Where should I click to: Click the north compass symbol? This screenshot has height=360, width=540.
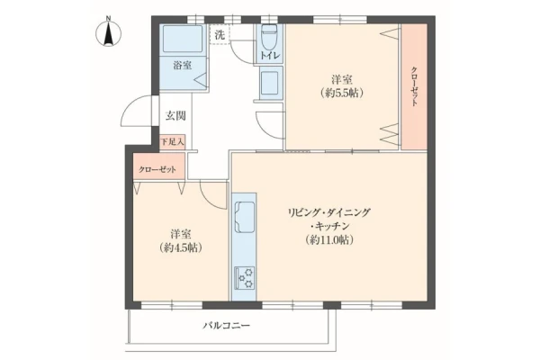pyautogui.click(x=108, y=32)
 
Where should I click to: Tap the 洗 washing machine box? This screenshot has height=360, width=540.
pyautogui.click(x=220, y=34)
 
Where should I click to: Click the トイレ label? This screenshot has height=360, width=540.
pyautogui.click(x=270, y=56)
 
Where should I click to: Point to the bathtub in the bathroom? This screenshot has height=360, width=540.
pyautogui.click(x=183, y=38)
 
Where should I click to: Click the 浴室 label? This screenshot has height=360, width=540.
pyautogui.click(x=183, y=65)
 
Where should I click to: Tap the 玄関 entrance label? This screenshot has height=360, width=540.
pyautogui.click(x=175, y=116)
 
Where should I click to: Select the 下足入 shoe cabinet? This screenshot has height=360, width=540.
pyautogui.click(x=173, y=142)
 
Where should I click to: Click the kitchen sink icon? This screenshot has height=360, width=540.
pyautogui.click(x=245, y=217)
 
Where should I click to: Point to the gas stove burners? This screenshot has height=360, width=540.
pyautogui.click(x=245, y=278)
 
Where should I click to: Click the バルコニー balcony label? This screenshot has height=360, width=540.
pyautogui.click(x=226, y=325)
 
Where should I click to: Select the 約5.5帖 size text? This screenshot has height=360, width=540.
pyautogui.click(x=342, y=93)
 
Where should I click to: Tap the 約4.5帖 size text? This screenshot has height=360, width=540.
pyautogui.click(x=181, y=247)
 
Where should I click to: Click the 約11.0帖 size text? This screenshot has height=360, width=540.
pyautogui.click(x=329, y=239)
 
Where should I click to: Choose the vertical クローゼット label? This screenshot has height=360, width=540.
pyautogui.click(x=414, y=86)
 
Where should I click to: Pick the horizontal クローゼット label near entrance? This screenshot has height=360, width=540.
pyautogui.click(x=157, y=169)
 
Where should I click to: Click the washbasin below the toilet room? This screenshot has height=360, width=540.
pyautogui.click(x=270, y=84)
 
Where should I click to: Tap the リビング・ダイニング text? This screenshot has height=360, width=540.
pyautogui.click(x=329, y=212)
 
